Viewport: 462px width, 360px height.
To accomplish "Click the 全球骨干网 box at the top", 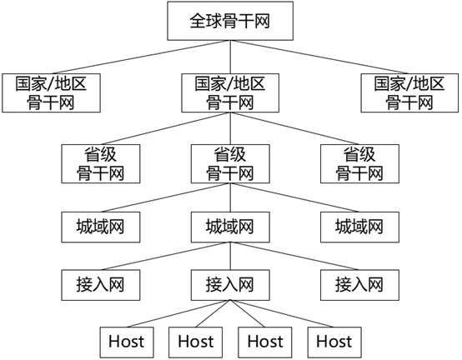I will coord(230,21).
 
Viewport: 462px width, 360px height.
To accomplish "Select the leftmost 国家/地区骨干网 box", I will coord(51,92).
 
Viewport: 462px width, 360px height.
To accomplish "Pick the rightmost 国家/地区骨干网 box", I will coord(409,92).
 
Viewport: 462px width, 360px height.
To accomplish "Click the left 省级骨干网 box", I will coord(101,163).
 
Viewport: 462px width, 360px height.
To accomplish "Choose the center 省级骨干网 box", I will coord(230,163).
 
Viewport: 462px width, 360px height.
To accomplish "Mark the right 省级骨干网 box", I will coord(359,163).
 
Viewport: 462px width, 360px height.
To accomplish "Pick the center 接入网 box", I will coord(230,284).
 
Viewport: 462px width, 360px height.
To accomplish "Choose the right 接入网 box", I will coord(359,284).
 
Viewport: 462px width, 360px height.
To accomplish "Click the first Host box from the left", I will coord(126,342).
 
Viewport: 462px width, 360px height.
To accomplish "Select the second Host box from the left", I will coord(195,342).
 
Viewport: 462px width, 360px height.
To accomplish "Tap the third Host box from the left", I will coord(264,342).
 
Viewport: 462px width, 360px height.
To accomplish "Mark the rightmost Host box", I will coord(334,342).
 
